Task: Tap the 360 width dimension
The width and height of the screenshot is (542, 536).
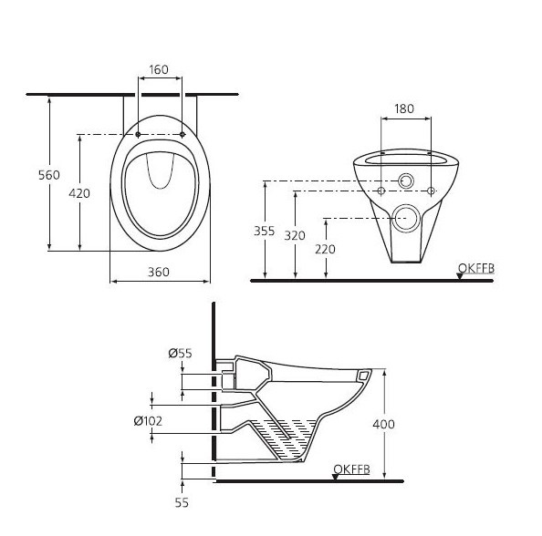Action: pyautogui.click(x=160, y=273)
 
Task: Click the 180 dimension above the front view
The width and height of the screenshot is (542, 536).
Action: pyautogui.click(x=403, y=108)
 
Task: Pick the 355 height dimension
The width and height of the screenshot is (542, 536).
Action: pyautogui.click(x=264, y=232)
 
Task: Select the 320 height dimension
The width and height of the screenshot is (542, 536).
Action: pyautogui.click(x=294, y=235)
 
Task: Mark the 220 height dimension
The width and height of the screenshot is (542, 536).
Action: pyautogui.click(x=325, y=249)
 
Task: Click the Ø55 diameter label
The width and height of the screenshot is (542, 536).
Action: pyautogui.click(x=180, y=352)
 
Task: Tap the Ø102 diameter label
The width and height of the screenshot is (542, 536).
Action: pyautogui.click(x=148, y=420)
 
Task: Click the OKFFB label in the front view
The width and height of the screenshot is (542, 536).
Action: pyautogui.click(x=474, y=267)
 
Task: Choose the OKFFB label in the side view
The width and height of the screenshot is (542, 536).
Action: pyautogui.click(x=350, y=469)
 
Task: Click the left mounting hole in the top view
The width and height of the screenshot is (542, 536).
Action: pyautogui.click(x=138, y=135)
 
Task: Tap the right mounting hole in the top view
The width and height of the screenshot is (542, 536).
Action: pyautogui.click(x=182, y=135)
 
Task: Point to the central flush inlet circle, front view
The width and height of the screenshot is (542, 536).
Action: pyautogui.click(x=403, y=182)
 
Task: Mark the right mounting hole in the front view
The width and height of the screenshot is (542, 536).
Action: pyautogui.click(x=430, y=191)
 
